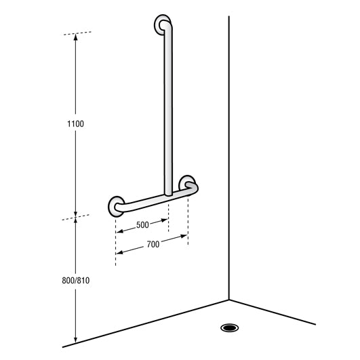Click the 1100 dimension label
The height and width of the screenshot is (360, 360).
point(76,124)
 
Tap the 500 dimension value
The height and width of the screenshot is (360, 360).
point(142,224)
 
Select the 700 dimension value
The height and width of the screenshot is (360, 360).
point(153,244)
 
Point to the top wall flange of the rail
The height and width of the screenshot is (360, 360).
point(163,25)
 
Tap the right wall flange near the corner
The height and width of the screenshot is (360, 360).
point(189,185)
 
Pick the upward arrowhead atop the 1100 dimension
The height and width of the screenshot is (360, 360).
point(76,37)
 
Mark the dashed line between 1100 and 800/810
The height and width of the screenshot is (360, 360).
point(76,218)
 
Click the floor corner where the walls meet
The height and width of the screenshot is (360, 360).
point(229,299)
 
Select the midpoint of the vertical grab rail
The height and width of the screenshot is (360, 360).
point(167,108)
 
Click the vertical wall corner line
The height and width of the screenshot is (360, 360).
point(229,156)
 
